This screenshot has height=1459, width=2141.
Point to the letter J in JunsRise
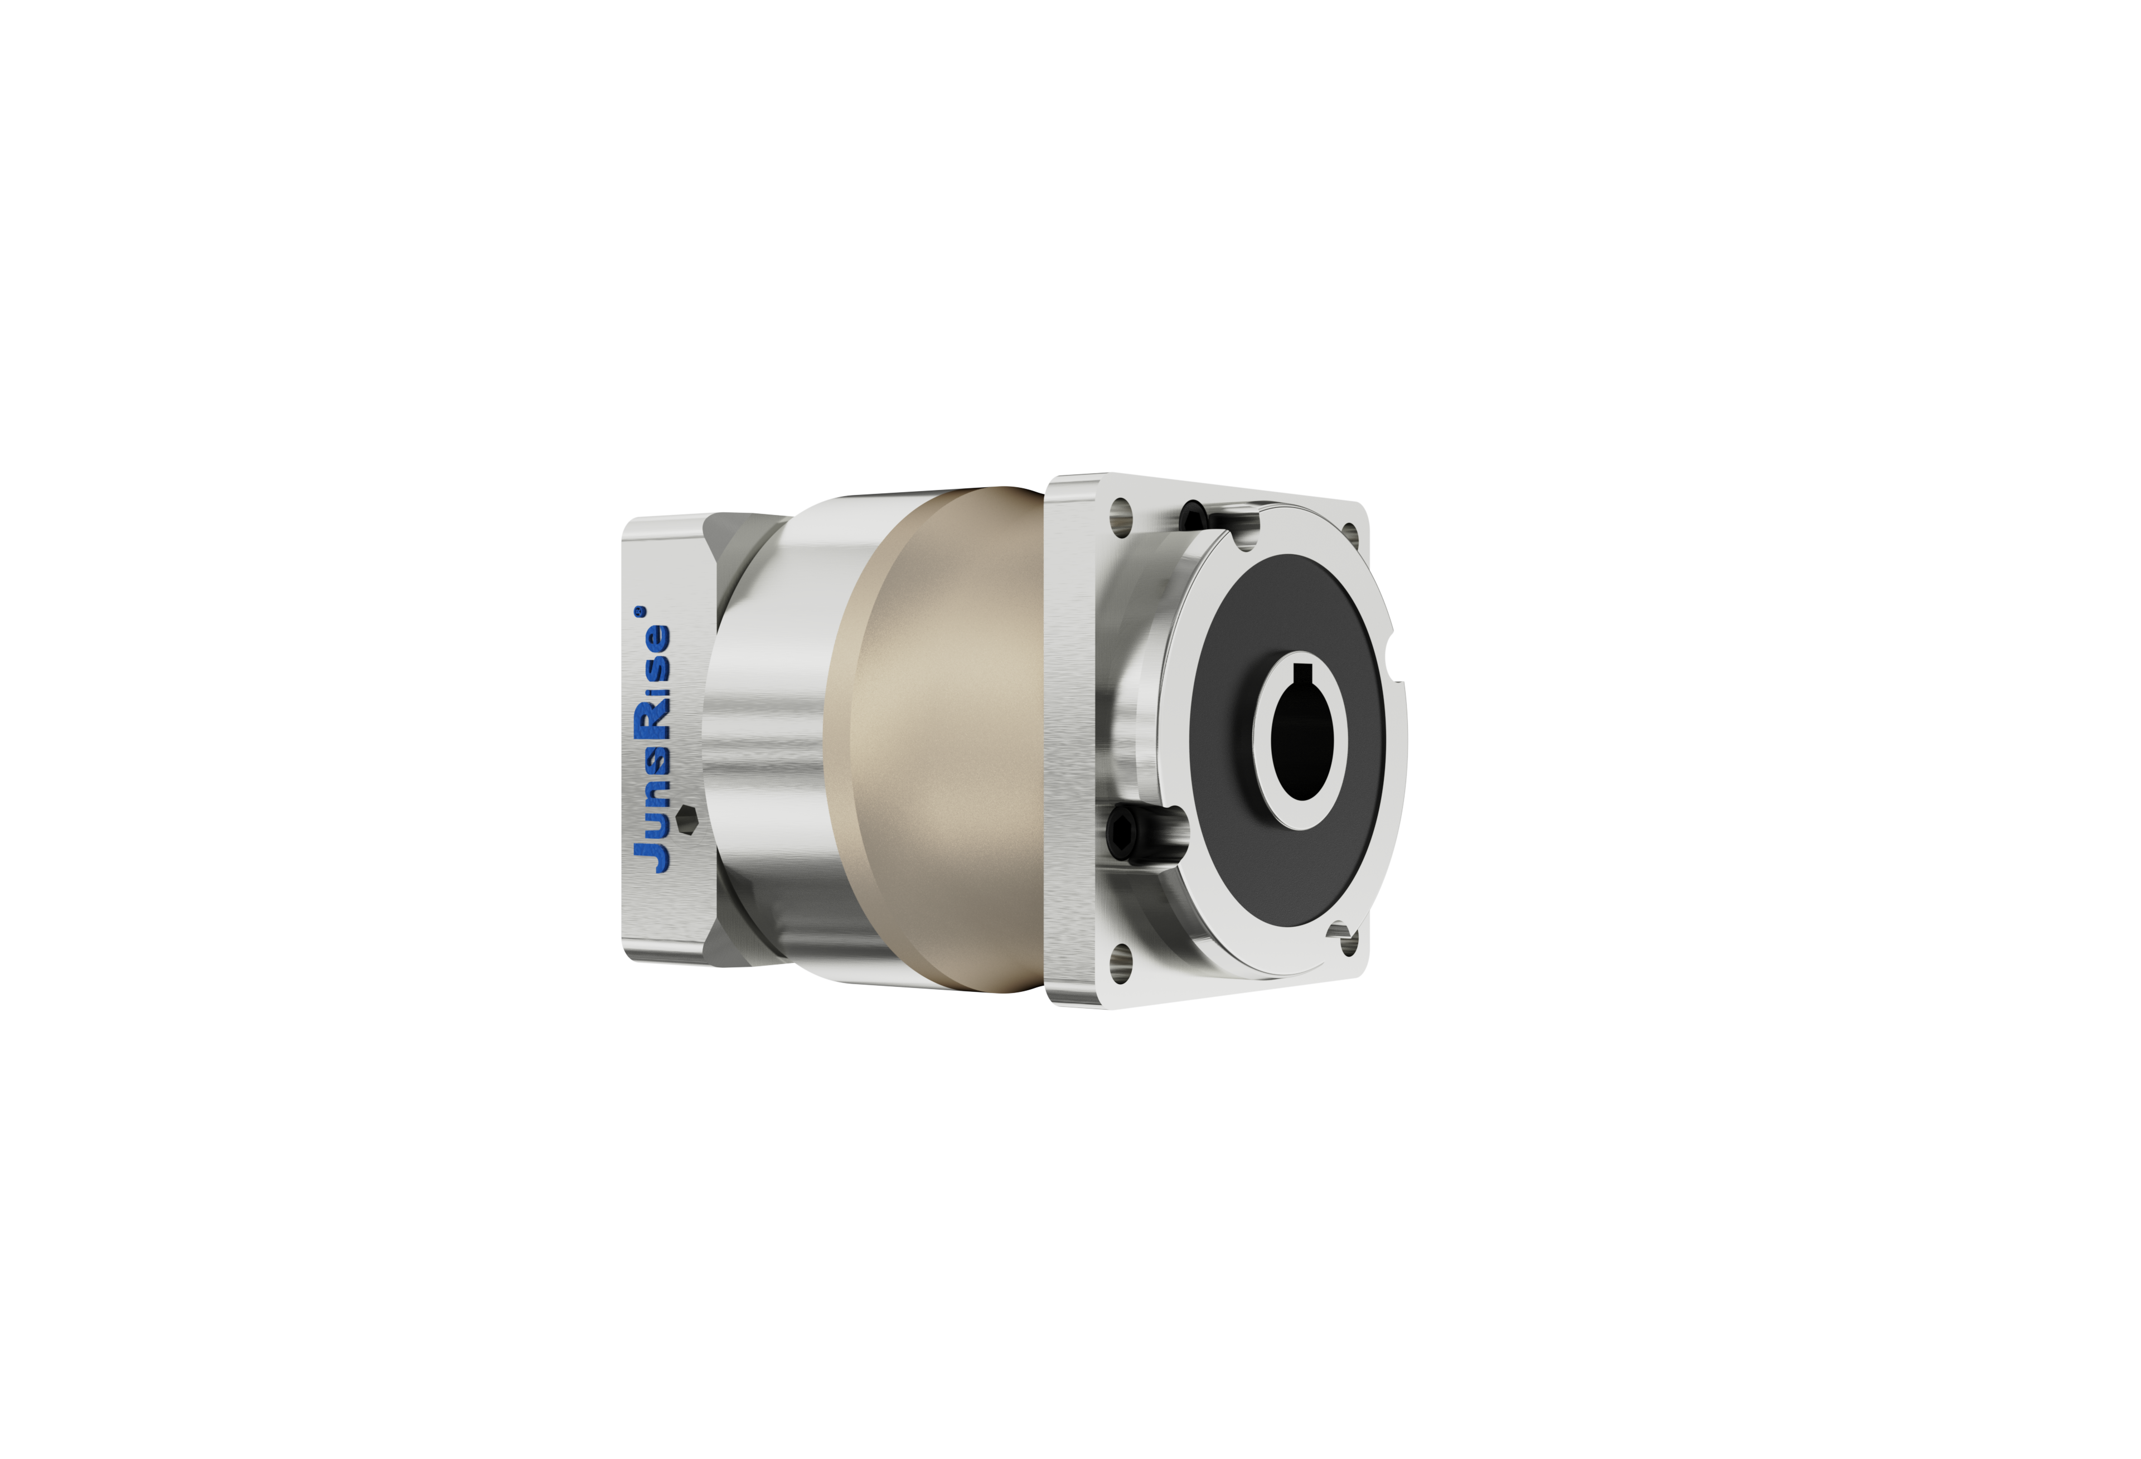click(x=652, y=855)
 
